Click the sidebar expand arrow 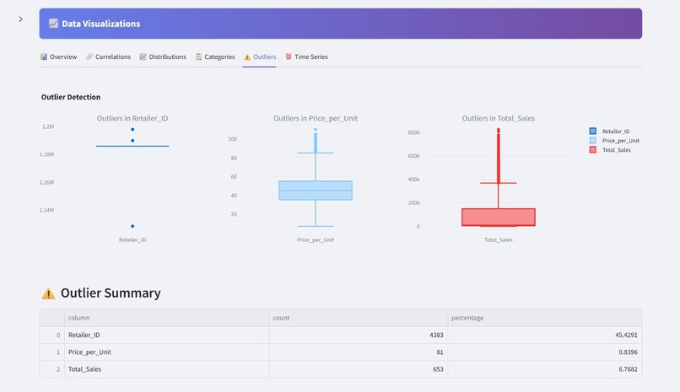21,19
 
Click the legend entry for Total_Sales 616,149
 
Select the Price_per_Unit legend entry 620,140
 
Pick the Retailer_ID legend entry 616,131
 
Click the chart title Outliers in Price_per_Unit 316,119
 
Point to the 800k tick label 413,132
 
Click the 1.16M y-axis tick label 47,182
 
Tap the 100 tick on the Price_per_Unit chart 232,139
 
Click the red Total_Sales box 499,217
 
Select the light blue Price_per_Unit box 316,191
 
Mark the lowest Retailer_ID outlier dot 132,226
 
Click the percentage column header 467,318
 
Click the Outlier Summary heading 111,293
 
